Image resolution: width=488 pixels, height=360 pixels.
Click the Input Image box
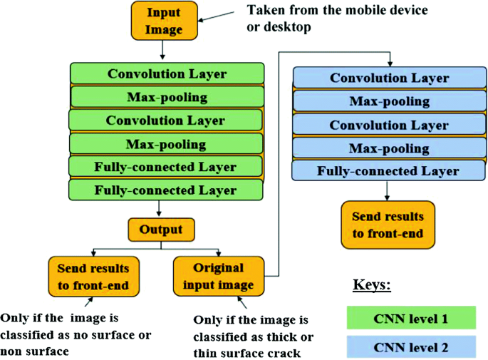click(163, 21)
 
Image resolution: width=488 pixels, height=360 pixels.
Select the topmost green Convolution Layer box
click(167, 74)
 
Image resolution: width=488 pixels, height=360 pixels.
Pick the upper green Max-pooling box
click(167, 97)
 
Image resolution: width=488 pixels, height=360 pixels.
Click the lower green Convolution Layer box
click(165, 120)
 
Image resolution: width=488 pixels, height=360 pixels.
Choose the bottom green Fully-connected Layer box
click(166, 190)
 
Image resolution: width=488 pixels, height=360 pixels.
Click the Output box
click(160, 230)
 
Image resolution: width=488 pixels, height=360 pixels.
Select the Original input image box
click(218, 277)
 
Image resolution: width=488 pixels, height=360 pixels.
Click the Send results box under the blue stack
click(388, 225)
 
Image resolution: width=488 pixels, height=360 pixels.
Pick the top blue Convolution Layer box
click(389, 78)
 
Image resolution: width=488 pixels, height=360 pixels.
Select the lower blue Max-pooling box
click(389, 148)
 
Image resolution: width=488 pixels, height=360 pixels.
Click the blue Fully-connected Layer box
click(388, 171)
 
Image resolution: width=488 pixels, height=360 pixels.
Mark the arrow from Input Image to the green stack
click(163, 50)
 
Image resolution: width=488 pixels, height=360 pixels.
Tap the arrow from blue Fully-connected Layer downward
click(388, 190)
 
